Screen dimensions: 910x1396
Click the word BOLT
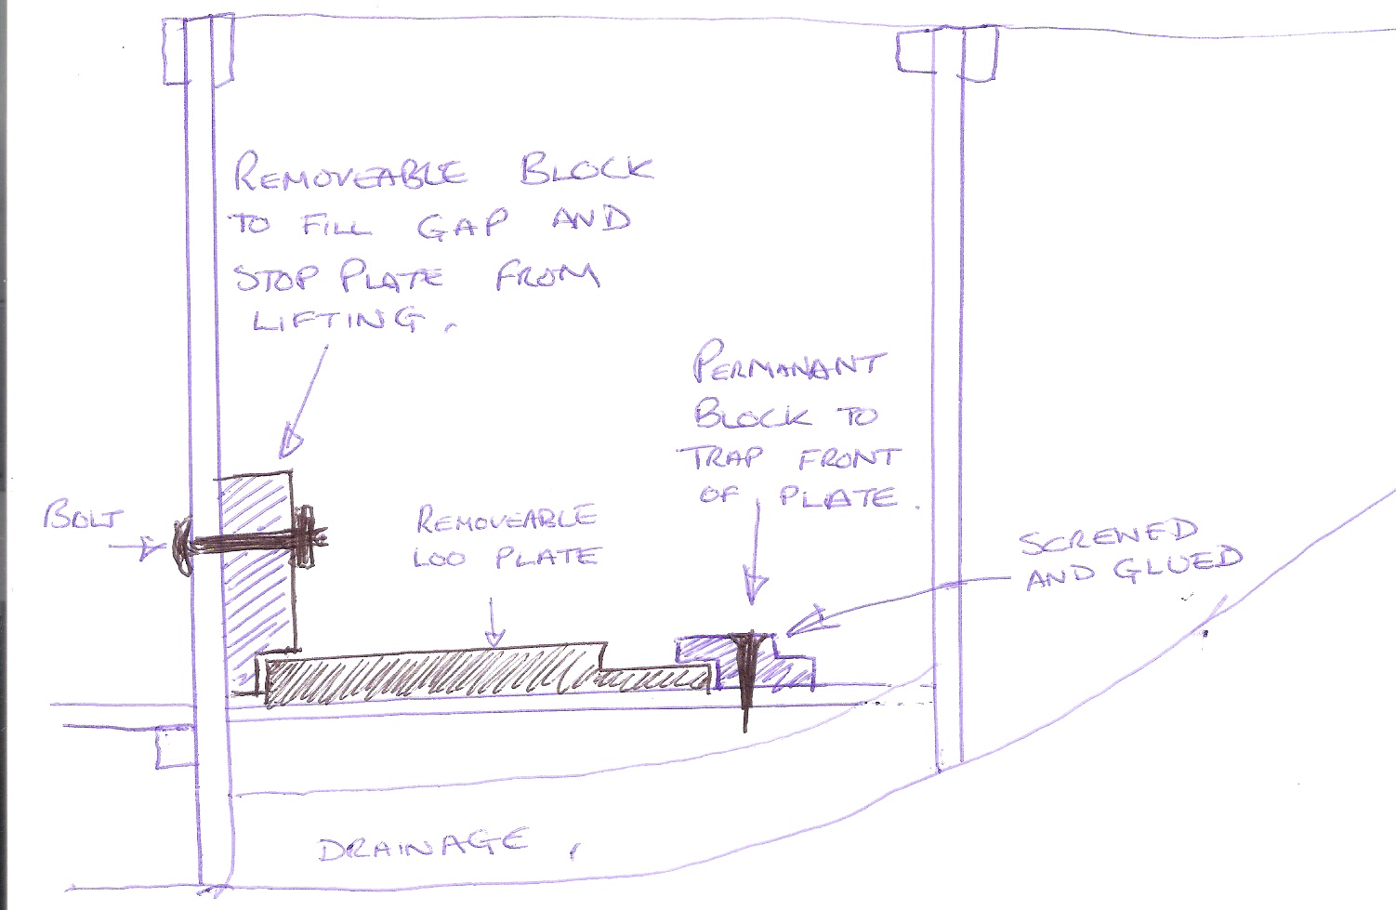pos(83,516)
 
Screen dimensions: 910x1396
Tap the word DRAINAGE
pos(423,846)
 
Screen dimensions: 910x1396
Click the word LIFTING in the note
pos(336,319)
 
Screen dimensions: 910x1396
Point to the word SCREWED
pos(1108,536)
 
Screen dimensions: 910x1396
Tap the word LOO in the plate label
pos(441,559)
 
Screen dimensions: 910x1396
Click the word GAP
pos(462,225)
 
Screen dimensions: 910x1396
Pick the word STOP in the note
pos(276,277)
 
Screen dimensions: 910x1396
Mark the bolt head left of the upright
pos(182,542)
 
